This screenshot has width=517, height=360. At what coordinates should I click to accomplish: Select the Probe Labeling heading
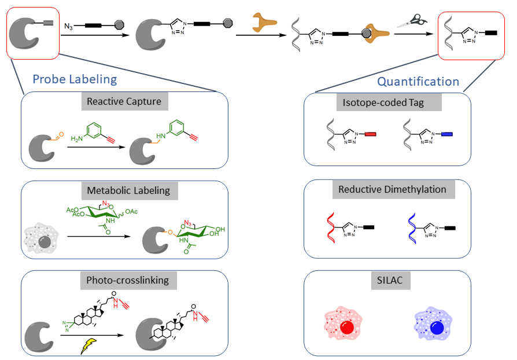[x=75, y=79]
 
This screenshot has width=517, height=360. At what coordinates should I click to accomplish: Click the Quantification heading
[x=418, y=82]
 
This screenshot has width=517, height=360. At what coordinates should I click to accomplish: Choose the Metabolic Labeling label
[x=128, y=190]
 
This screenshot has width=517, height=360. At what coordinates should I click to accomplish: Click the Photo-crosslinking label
[x=128, y=280]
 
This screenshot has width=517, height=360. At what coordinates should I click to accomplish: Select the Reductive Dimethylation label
[x=384, y=189]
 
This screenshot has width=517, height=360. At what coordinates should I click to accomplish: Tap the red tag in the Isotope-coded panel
[x=371, y=134]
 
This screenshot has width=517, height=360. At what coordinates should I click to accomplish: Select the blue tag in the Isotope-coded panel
[x=446, y=134]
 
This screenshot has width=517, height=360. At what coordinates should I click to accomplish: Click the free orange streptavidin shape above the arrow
[x=265, y=23]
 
